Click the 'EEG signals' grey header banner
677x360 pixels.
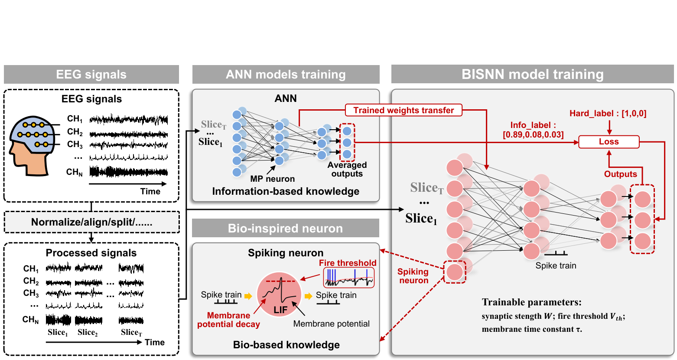pyautogui.click(x=91, y=75)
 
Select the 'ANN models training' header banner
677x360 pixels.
pyautogui.click(x=286, y=75)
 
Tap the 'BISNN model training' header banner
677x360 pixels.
pyautogui.click(x=532, y=75)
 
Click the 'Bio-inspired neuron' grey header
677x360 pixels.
pyautogui.click(x=285, y=228)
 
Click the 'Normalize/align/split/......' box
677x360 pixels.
pyautogui.click(x=91, y=222)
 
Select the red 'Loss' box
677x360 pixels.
pyautogui.click(x=609, y=142)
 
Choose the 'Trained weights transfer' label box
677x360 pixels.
pyautogui.click(x=404, y=110)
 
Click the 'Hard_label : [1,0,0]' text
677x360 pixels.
pyautogui.click(x=608, y=114)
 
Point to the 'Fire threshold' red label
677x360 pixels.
pyautogui.click(x=348, y=263)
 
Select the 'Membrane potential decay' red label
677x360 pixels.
pyautogui.click(x=228, y=320)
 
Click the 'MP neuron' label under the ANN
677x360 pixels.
pyautogui.click(x=272, y=179)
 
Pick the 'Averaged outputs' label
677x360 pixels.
pyautogui.click(x=347, y=169)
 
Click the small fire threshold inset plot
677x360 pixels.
pyautogui.click(x=349, y=278)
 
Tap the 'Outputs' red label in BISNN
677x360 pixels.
pyautogui.click(x=620, y=174)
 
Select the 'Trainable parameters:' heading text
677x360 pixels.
pyautogui.click(x=531, y=302)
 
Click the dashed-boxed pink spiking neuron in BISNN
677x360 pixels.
pyautogui.click(x=455, y=272)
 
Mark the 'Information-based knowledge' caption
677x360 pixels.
pyautogui.click(x=285, y=191)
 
